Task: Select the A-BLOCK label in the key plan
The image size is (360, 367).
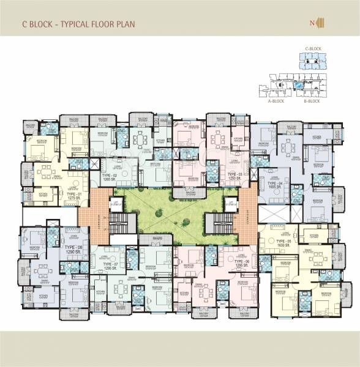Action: tap(278, 101)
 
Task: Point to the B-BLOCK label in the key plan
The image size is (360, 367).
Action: tap(311, 101)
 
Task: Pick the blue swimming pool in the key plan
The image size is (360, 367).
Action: tap(296, 87)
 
